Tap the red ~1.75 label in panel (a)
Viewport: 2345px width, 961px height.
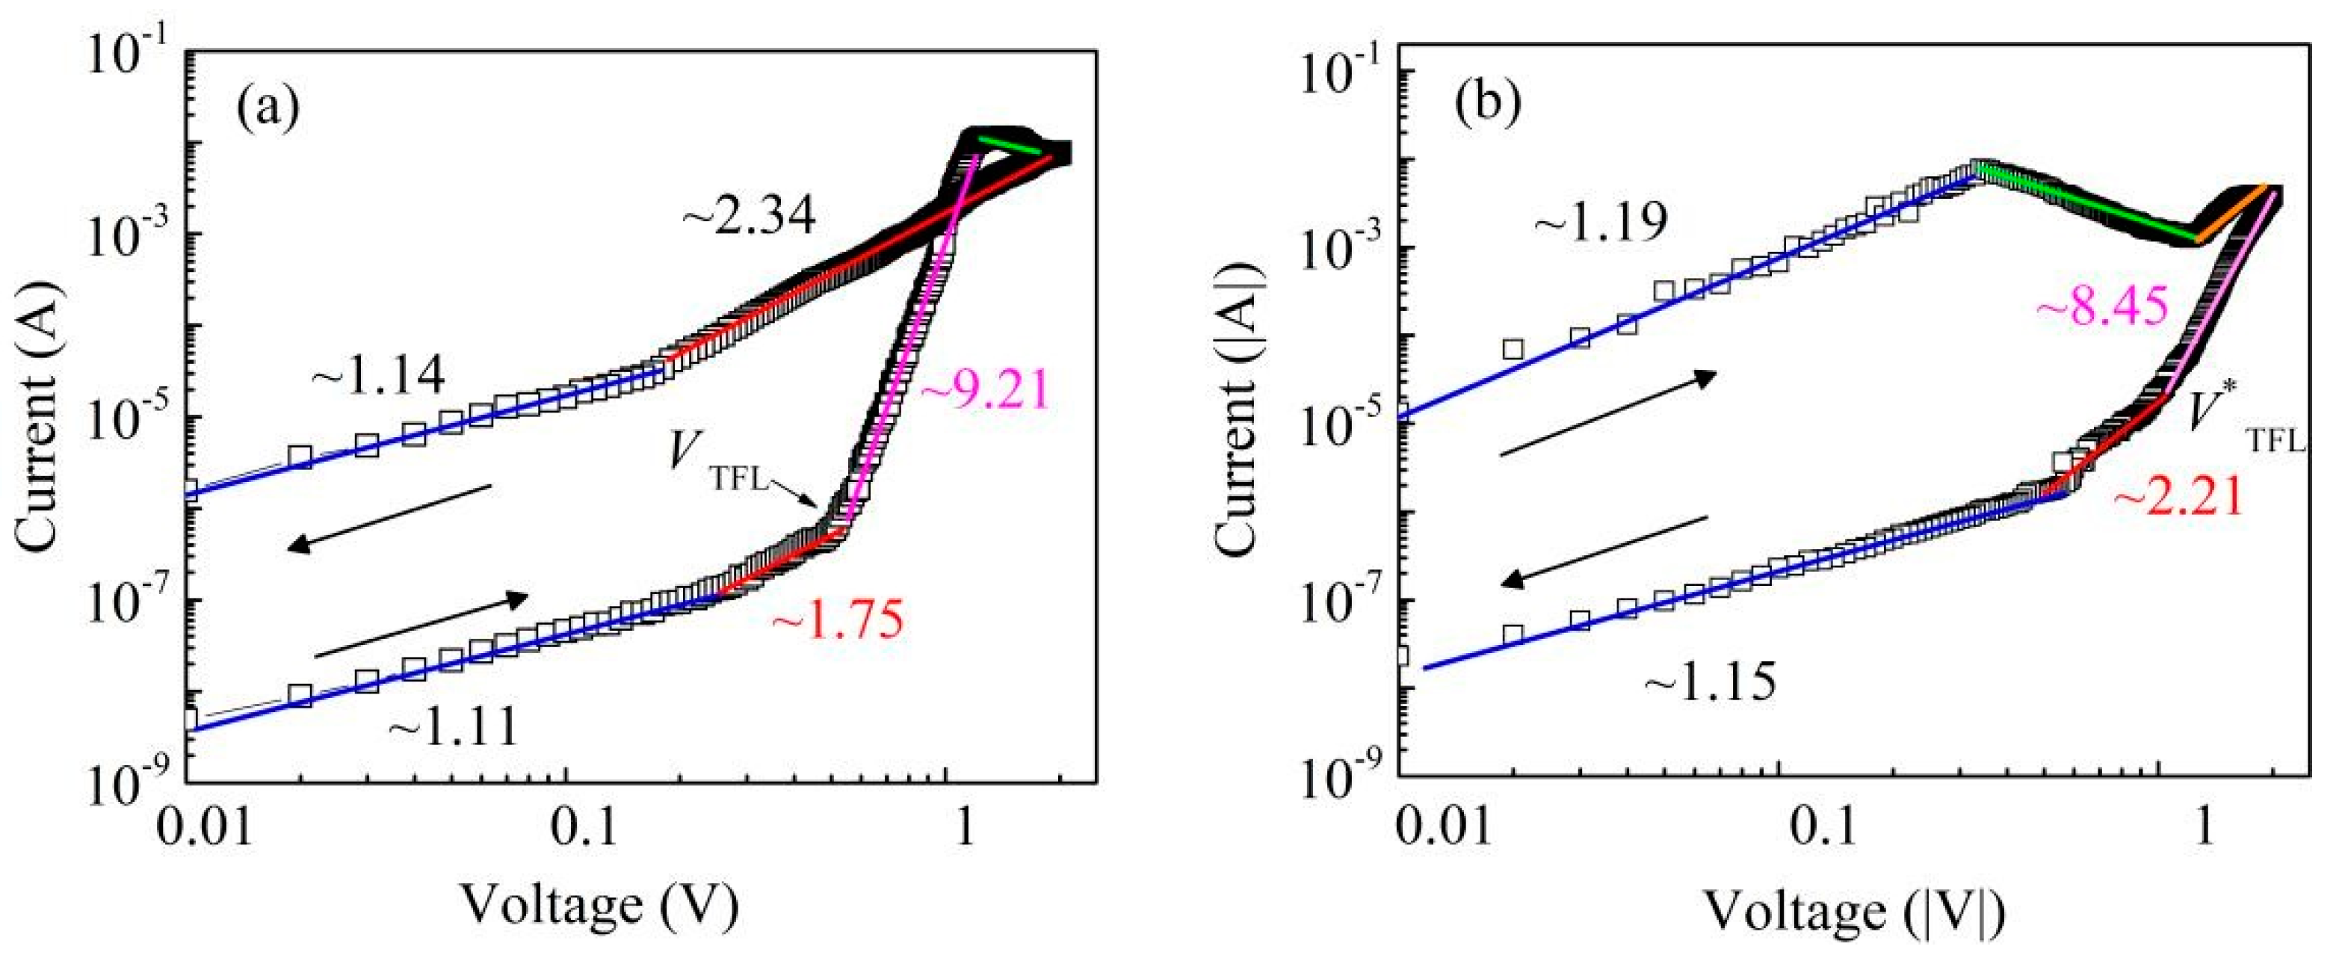[838, 622]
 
